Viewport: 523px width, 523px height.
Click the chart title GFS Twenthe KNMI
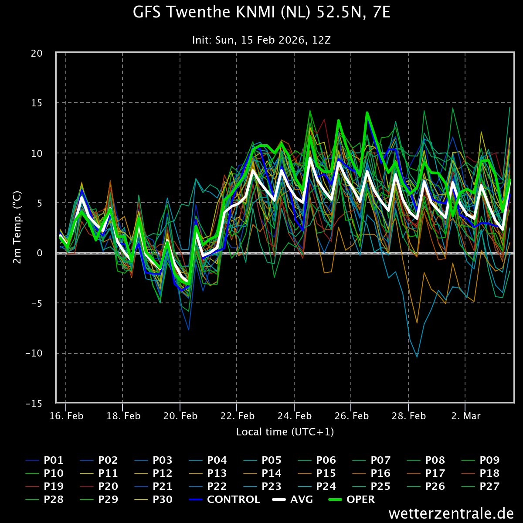[261, 13]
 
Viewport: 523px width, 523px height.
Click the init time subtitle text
[261, 40]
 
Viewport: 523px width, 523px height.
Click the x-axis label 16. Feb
[66, 416]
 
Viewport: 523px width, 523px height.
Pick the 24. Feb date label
[295, 416]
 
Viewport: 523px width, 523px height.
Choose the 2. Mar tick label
[465, 416]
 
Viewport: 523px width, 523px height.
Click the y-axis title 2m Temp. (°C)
[17, 228]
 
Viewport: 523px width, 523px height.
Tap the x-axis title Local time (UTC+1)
[285, 432]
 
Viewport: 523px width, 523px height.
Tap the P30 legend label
[163, 499]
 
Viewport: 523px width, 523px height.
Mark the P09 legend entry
[489, 460]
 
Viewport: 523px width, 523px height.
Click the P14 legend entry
[272, 473]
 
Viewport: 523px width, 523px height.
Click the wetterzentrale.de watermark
[451, 513]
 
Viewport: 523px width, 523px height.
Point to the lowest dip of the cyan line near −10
[417, 357]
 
